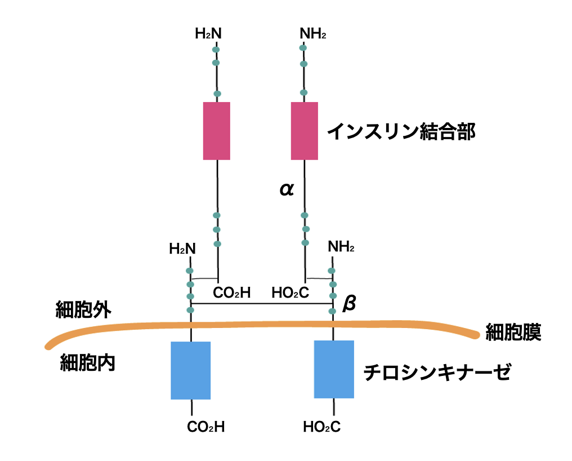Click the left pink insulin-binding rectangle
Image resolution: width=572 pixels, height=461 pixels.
(217, 131)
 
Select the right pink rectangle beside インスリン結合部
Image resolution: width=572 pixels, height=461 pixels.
(305, 131)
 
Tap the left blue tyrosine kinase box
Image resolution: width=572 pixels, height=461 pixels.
(191, 370)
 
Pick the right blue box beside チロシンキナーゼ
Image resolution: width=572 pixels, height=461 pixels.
(334, 369)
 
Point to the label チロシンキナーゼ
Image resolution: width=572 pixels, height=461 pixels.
(437, 372)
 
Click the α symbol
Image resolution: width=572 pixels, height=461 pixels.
(287, 189)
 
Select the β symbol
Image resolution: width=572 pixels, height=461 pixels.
(349, 304)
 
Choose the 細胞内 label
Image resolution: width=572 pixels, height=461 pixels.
(88, 363)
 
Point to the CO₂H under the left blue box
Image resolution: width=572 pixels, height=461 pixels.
(206, 427)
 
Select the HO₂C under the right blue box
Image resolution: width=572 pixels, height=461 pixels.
(321, 427)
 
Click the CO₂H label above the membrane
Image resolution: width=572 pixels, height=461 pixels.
(231, 292)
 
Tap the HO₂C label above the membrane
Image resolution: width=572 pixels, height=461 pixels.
(291, 292)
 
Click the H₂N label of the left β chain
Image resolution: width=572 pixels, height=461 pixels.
(182, 248)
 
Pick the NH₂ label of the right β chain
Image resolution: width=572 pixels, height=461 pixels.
(341, 247)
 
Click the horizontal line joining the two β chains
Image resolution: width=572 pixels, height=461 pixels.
(262, 304)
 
